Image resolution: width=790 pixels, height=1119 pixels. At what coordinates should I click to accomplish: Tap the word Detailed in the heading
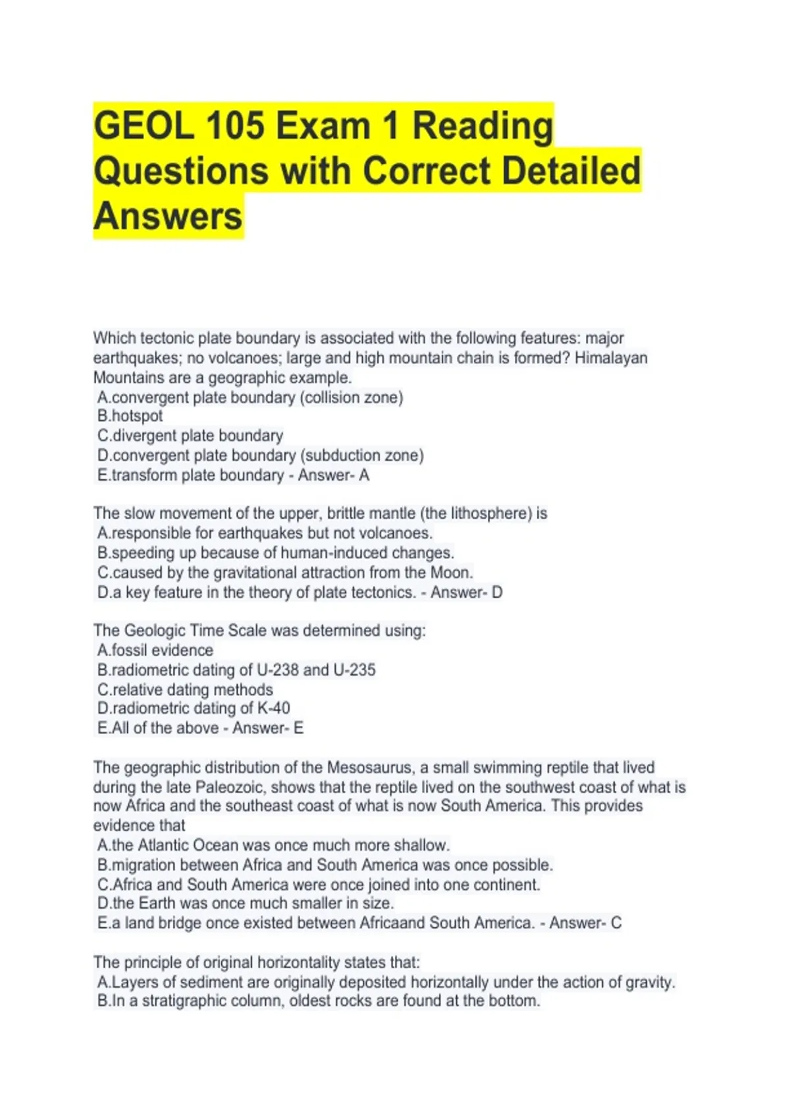pos(571,170)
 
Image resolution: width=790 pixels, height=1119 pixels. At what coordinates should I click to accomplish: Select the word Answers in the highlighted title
pos(168,217)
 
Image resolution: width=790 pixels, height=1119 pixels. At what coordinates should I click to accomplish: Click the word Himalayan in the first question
pos(611,358)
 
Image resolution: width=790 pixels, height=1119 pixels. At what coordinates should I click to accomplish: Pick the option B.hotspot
pos(130,416)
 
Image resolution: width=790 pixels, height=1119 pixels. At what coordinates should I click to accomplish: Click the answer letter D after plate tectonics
pos(497,592)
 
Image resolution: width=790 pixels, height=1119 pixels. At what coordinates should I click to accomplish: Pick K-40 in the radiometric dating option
pos(273,708)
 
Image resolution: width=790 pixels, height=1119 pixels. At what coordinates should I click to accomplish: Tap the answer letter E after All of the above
pos(298,728)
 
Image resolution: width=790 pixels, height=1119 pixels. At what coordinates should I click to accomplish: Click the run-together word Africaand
pos(392,923)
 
